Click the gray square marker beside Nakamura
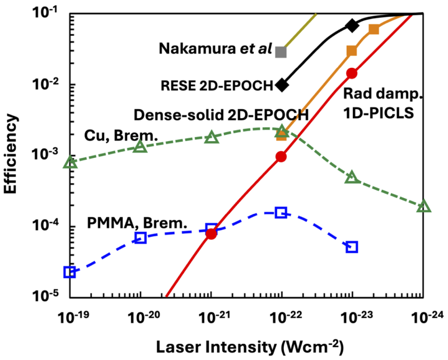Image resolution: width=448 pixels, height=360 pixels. [281, 52]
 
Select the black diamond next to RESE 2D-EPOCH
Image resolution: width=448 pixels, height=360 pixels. [282, 85]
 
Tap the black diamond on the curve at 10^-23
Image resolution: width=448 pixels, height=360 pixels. [352, 25]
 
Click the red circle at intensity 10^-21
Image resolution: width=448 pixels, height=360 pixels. [211, 234]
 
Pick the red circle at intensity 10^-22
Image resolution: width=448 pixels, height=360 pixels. [281, 157]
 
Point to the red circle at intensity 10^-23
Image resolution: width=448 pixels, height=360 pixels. [352, 73]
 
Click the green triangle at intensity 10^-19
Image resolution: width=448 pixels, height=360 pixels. [70, 162]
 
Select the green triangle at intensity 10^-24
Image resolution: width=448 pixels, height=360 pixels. [423, 207]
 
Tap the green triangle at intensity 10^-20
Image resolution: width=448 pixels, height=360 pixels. [140, 147]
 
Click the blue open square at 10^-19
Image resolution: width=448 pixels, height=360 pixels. [69, 272]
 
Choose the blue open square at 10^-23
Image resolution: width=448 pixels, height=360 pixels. [352, 247]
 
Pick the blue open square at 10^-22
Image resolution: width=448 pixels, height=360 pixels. [281, 212]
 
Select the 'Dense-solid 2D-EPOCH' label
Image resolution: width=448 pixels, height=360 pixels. [221, 115]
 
